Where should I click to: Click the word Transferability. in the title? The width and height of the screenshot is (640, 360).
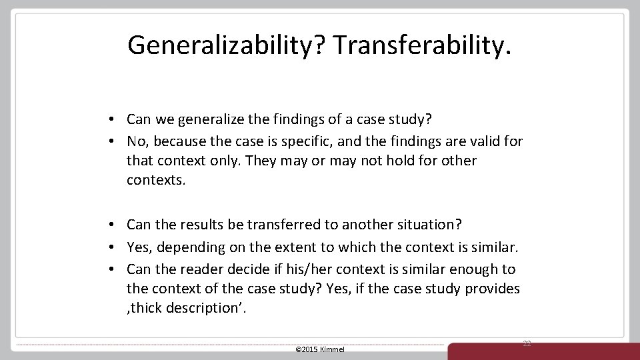pyautogui.click(x=422, y=45)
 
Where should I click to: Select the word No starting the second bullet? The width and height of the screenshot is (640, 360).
pyautogui.click(x=136, y=141)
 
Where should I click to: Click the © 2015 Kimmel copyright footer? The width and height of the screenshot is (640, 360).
pyautogui.click(x=319, y=349)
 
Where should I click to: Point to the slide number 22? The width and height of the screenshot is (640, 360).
pyautogui.click(x=527, y=343)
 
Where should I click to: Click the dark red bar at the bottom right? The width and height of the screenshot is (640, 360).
pyautogui.click(x=543, y=351)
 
